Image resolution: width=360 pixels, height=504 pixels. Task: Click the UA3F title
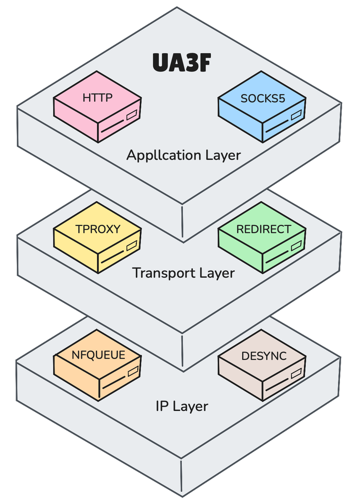(x=182, y=62)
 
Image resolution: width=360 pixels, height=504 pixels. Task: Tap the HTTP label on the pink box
(x=97, y=98)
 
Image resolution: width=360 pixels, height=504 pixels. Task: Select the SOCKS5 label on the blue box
(x=263, y=99)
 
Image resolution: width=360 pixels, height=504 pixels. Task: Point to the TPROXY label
(x=98, y=229)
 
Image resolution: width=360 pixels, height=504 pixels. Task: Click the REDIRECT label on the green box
(x=264, y=229)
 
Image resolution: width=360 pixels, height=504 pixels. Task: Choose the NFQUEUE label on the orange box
(x=98, y=355)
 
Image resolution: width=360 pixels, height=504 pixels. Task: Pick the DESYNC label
(x=264, y=356)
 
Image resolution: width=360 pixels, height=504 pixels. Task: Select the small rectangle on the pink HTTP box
(x=132, y=115)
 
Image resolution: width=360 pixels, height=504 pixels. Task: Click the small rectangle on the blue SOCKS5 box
(x=296, y=115)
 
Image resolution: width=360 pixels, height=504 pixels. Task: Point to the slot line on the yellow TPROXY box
(x=113, y=257)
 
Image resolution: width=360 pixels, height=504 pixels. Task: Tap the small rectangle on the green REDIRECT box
(x=296, y=246)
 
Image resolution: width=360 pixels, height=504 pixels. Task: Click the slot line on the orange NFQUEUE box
(x=114, y=383)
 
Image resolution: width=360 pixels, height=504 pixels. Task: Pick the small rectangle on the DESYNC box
(x=296, y=373)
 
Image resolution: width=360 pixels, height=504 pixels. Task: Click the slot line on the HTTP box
(x=113, y=126)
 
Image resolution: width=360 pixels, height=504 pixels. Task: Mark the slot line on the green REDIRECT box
(x=277, y=257)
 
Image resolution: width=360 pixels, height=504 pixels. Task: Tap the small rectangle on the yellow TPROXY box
(x=132, y=246)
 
